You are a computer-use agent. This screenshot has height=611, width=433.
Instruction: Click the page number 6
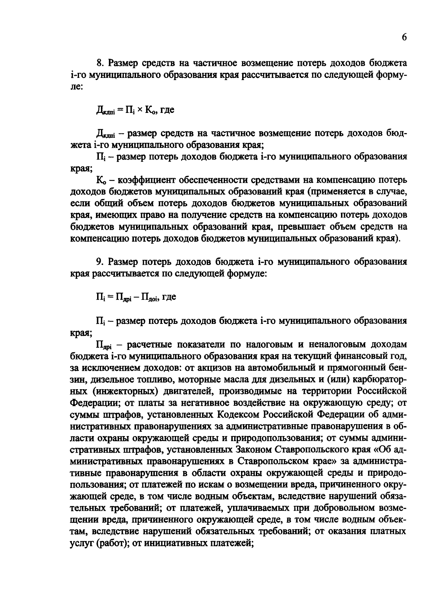click(x=404, y=38)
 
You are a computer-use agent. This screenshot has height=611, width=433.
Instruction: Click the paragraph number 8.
click(x=100, y=63)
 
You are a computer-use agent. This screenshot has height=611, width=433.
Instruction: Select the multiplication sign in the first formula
click(x=140, y=110)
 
